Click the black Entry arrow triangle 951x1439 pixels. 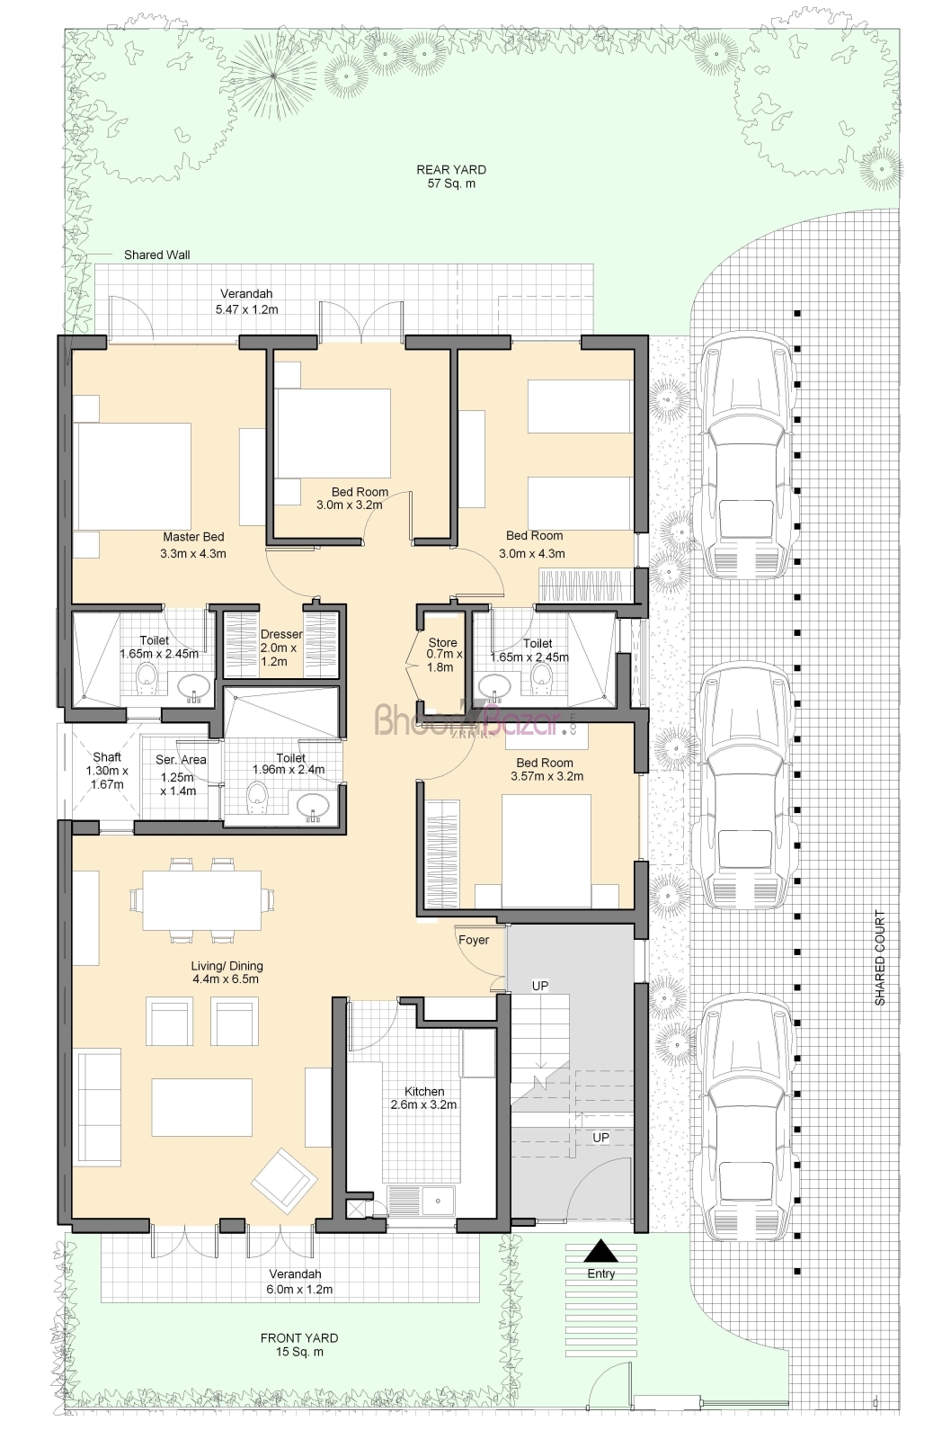click(x=601, y=1251)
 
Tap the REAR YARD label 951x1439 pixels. click(x=451, y=170)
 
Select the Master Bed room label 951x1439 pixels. click(x=193, y=537)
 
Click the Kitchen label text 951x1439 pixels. click(x=423, y=1092)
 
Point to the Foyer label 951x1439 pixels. click(x=474, y=940)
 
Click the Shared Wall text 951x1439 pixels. click(x=156, y=255)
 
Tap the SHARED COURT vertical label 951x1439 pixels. click(x=880, y=958)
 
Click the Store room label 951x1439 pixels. click(x=442, y=642)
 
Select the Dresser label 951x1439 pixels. click(x=281, y=634)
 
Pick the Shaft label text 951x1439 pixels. click(x=107, y=756)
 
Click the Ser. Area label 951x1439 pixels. click(x=181, y=760)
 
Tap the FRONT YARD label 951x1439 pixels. click(x=299, y=1338)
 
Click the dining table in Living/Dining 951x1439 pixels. click(x=201, y=900)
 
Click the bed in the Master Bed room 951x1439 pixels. click(x=133, y=476)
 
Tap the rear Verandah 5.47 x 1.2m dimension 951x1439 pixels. click(x=246, y=309)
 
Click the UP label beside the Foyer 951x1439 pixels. click(x=540, y=986)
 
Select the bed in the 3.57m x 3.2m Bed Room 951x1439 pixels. click(x=546, y=851)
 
